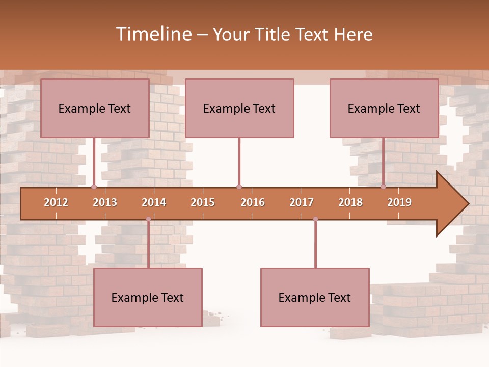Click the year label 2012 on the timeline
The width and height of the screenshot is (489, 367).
pyautogui.click(x=56, y=202)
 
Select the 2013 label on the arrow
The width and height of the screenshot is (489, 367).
pyautogui.click(x=105, y=202)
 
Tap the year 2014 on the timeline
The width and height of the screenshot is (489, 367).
pyautogui.click(x=154, y=202)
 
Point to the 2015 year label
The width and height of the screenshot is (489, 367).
pyautogui.click(x=203, y=202)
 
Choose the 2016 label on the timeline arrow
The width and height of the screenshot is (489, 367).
pyautogui.click(x=253, y=202)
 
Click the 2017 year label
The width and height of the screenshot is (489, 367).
pyautogui.click(x=302, y=202)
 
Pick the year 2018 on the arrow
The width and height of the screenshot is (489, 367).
pyautogui.click(x=350, y=202)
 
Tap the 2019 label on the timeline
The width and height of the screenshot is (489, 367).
pyautogui.click(x=399, y=202)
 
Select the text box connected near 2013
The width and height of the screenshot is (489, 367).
pyautogui.click(x=95, y=108)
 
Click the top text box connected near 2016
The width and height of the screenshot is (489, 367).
pyautogui.click(x=239, y=108)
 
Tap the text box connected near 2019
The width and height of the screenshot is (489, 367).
pyautogui.click(x=384, y=108)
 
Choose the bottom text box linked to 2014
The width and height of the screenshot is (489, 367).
pyautogui.click(x=148, y=297)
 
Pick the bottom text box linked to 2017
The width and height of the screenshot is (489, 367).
pyautogui.click(x=315, y=297)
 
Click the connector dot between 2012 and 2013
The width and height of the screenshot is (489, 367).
pyautogui.click(x=94, y=187)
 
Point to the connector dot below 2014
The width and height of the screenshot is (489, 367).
pyautogui.click(x=148, y=219)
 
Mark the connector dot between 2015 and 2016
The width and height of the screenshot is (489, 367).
pyautogui.click(x=239, y=187)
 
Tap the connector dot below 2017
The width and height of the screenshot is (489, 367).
pyautogui.click(x=315, y=219)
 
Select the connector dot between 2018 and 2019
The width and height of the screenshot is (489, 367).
pyautogui.click(x=383, y=187)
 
